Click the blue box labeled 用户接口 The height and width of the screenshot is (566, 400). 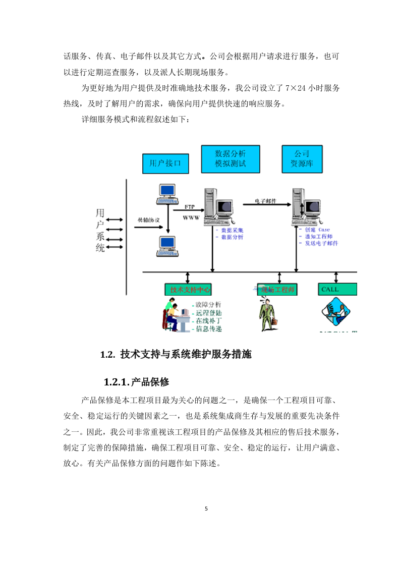pos(165,164)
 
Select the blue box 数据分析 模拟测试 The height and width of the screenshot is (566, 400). pos(231,159)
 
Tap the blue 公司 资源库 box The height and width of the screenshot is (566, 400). pos(301,159)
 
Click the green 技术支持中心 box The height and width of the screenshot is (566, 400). pos(187,290)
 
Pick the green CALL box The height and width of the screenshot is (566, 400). pos(337,289)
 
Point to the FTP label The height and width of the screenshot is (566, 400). pos(189,207)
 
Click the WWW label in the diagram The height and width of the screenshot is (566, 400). pos(191,217)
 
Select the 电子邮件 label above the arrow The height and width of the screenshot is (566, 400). pos(265,201)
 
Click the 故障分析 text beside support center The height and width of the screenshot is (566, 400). pos(208,305)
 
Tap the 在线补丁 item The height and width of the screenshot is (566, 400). pos(208,321)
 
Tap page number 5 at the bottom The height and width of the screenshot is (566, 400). pos(206,508)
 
